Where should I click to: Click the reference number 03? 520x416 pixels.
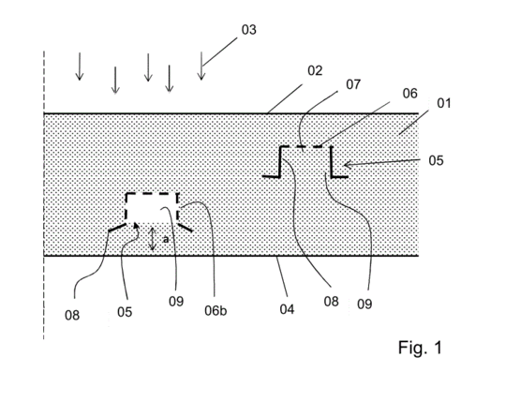[248, 30]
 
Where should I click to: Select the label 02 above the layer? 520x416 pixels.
[315, 70]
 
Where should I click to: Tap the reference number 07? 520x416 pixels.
[353, 84]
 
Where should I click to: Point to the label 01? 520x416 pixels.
[444, 103]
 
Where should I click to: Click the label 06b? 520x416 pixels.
[215, 311]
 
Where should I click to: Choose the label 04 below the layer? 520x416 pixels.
[287, 309]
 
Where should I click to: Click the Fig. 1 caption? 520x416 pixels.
[420, 348]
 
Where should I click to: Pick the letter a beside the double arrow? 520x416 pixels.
[166, 239]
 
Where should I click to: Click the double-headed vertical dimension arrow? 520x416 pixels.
[152, 239]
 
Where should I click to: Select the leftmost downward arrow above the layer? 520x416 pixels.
[80, 67]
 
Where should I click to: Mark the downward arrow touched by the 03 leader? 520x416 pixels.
[201, 66]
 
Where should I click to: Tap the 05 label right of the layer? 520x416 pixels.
[436, 160]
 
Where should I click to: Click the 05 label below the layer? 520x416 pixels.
[125, 312]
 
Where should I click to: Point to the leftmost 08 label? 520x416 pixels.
[72, 315]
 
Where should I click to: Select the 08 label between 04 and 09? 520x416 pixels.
[332, 302]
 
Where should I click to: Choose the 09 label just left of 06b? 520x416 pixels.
[176, 302]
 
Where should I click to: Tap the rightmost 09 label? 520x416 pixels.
[364, 304]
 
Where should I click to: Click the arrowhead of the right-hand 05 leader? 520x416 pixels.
[346, 164]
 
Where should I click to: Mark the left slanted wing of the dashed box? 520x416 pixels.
[117, 228]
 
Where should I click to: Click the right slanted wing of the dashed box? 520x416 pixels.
[186, 228]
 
